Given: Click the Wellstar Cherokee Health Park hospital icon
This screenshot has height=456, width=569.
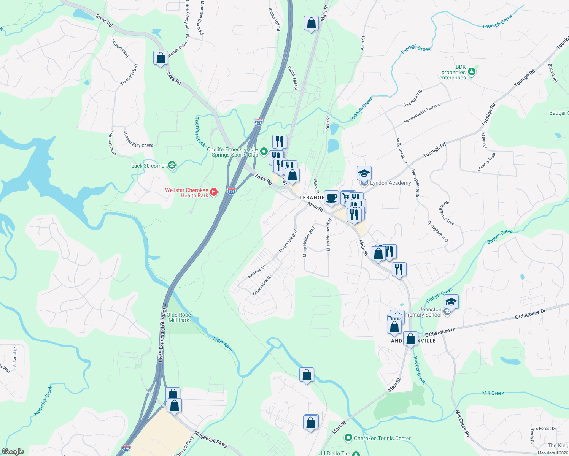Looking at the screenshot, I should [214, 192].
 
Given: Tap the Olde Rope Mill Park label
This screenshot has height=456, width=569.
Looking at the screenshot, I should [179, 317].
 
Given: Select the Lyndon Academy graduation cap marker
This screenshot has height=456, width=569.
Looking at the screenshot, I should [364, 173].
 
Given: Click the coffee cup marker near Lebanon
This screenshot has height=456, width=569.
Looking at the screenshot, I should [332, 198].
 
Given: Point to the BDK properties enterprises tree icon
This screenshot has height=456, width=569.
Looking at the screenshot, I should [472, 71].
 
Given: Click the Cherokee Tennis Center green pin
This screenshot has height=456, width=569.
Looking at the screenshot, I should [348, 438].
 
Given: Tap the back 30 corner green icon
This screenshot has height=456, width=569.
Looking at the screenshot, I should [172, 165].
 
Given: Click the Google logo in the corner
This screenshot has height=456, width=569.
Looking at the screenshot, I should [13, 451].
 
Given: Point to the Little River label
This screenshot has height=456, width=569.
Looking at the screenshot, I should [223, 344].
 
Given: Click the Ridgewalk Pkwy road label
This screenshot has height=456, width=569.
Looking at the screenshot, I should [211, 439].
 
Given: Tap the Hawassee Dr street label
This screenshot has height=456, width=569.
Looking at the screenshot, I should [262, 285].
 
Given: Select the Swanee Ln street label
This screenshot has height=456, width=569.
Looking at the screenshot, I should [256, 271].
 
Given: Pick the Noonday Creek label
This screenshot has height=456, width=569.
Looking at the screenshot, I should [43, 401].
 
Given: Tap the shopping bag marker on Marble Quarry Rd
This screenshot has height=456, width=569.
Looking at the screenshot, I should [161, 58].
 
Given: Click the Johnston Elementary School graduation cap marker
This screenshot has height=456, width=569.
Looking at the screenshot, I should [451, 302].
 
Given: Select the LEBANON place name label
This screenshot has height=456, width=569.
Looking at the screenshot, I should [312, 198].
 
